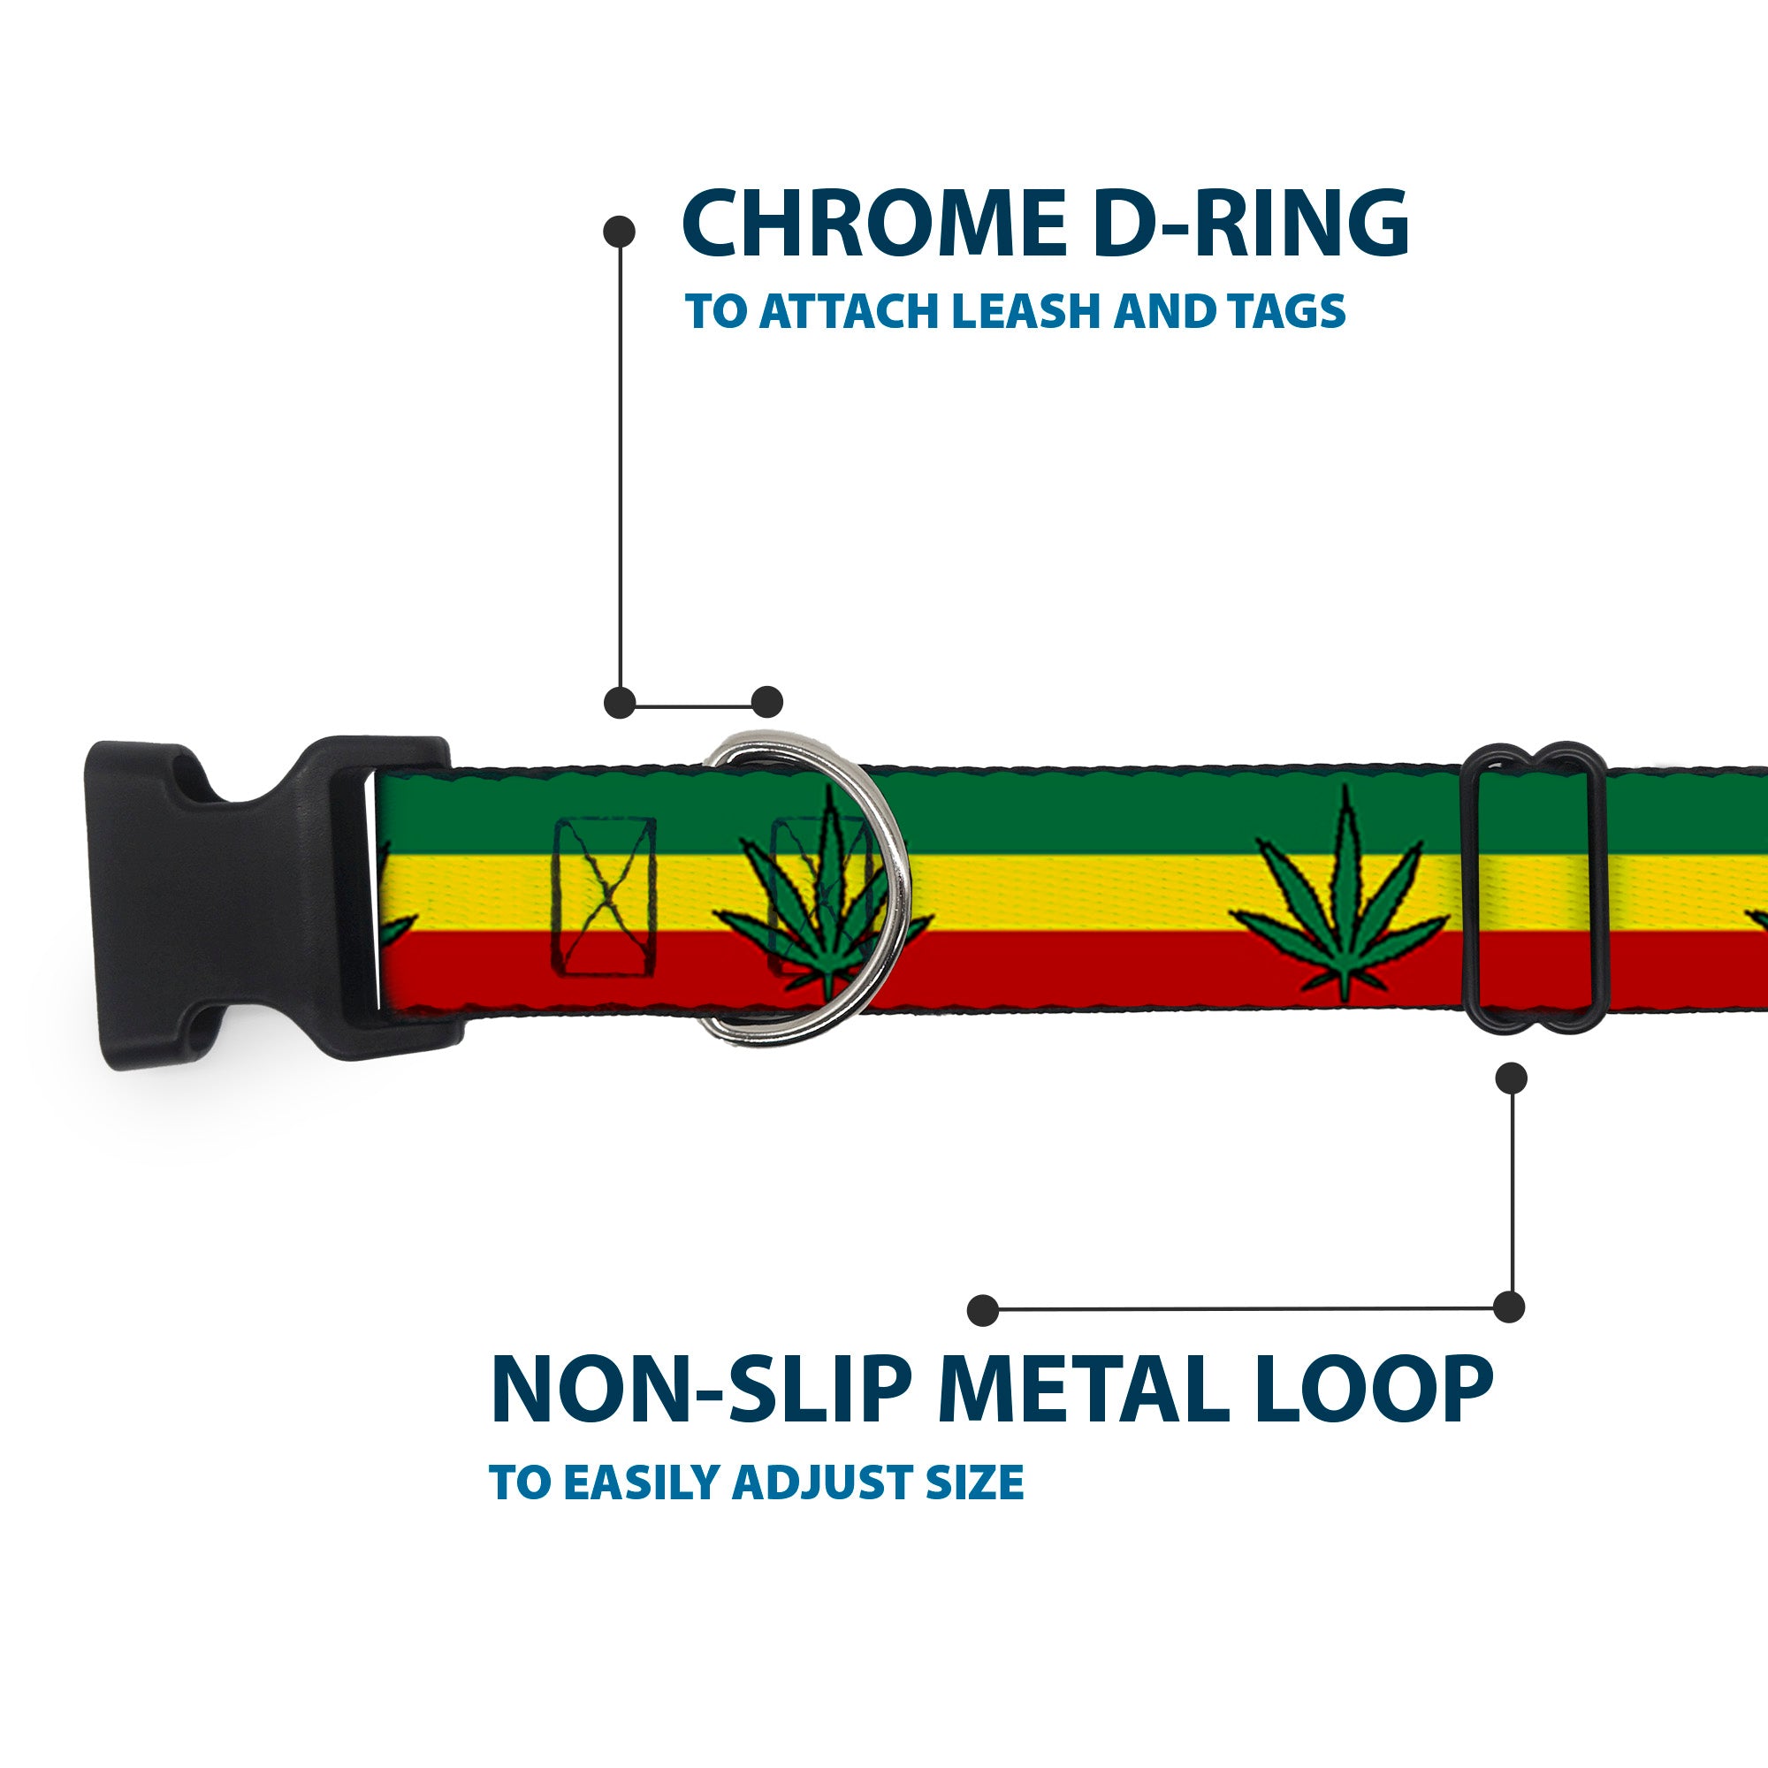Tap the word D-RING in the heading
point(1249,225)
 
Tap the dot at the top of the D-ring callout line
point(620,232)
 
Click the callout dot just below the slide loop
point(1511,1077)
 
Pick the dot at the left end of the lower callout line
point(983,1309)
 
